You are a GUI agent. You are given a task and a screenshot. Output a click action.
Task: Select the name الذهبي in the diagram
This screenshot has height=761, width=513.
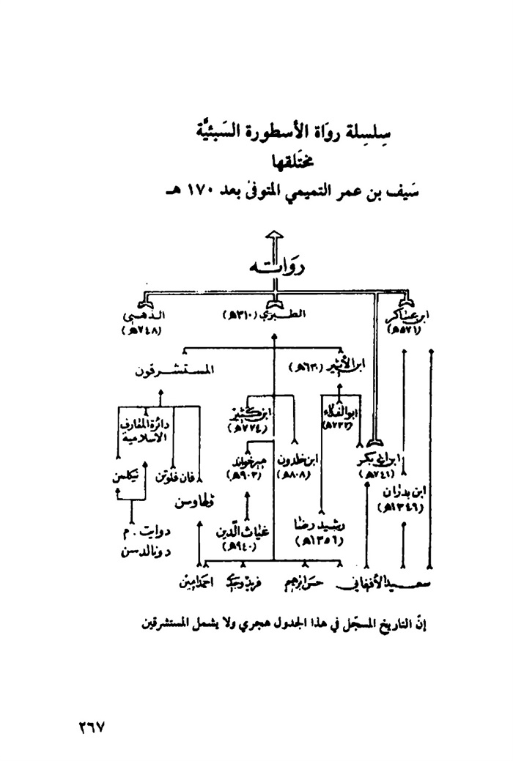(147, 316)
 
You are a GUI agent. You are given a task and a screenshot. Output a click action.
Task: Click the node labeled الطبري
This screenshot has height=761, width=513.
(284, 315)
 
